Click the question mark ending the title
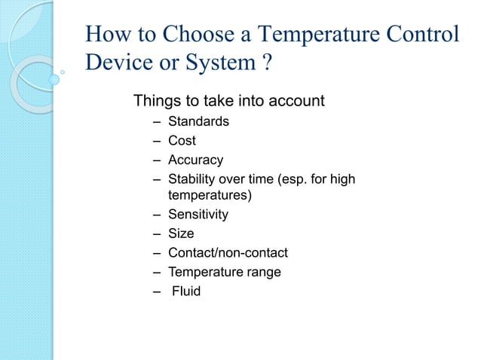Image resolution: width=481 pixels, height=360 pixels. pos(266,62)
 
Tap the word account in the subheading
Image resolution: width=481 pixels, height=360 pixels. pos(298,100)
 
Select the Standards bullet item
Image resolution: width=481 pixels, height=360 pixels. pos(198,121)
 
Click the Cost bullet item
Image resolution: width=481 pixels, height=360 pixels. pos(182,141)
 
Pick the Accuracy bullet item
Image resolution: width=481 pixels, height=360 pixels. pos(195,160)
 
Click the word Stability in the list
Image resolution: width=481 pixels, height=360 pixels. pos(191,179)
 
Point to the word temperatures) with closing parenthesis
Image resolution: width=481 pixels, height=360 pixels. pos(210,195)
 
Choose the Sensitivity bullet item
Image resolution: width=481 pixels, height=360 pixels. pos(198,215)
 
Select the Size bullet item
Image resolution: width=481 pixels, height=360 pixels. pos(181,234)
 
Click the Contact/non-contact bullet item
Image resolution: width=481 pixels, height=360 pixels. pos(228,253)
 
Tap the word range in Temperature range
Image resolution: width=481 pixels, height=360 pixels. pos(262,272)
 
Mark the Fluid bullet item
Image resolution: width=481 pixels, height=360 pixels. pos(186,291)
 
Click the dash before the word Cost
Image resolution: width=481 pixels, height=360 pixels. pos(155,141)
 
